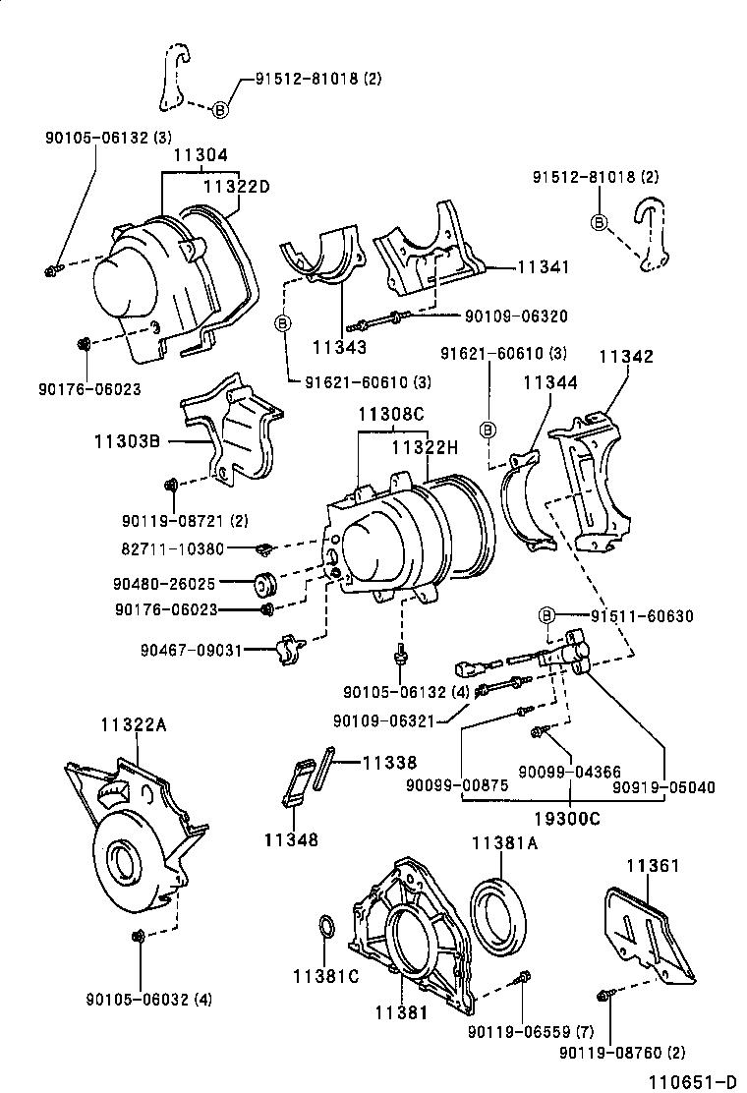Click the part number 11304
point(201,155)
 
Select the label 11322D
point(236,186)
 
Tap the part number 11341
point(543,266)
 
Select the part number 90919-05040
point(663,786)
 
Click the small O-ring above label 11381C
point(327,929)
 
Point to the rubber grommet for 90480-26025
point(266,583)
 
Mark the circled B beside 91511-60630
point(548,616)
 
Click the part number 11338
point(389,762)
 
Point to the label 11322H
point(425,447)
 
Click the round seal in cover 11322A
point(125,861)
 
